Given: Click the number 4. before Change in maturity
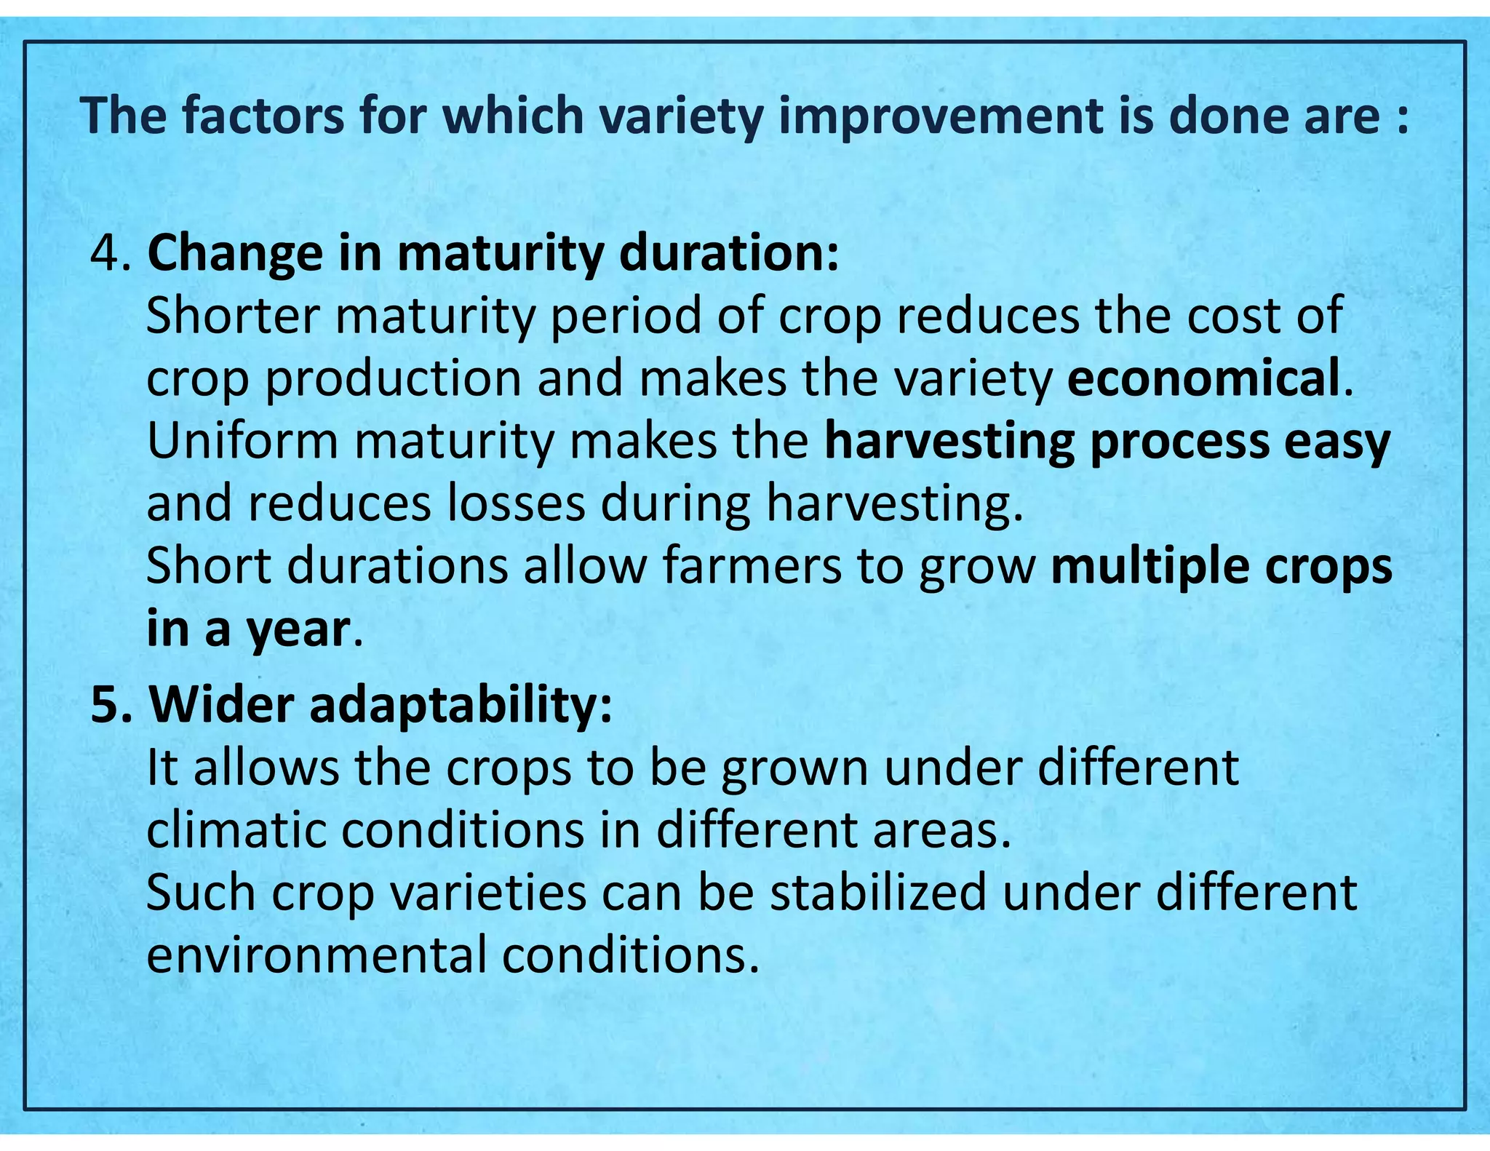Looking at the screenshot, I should coord(111,254).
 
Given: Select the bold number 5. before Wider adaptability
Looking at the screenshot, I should coord(111,705).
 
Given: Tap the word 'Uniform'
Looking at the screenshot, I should coord(242,441).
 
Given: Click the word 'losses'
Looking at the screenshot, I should coord(516,503).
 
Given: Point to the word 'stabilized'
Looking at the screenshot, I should coord(878,893).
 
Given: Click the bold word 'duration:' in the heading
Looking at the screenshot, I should coord(729,254).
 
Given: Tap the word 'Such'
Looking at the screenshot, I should coord(201,893).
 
